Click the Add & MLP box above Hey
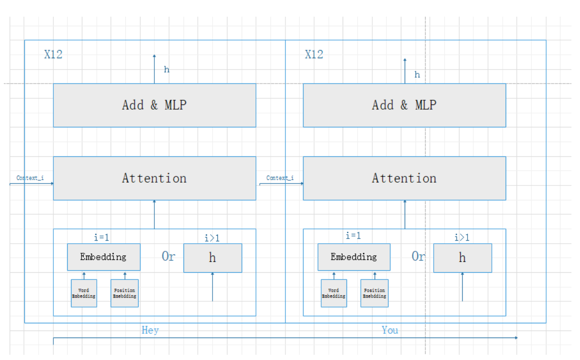[154, 105]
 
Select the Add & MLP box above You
[404, 105]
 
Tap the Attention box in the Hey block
[154, 178]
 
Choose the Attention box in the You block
[404, 178]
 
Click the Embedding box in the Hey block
[103, 257]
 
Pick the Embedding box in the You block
[354, 257]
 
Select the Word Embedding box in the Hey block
[84, 293]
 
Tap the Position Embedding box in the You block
[374, 293]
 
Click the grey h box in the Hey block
[213, 258]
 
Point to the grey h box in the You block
[462, 258]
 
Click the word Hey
[150, 330]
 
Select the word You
[390, 330]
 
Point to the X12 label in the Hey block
[53, 54]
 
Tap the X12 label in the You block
[314, 54]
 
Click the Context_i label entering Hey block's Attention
[30, 178]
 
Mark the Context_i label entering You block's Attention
[280, 178]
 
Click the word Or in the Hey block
[168, 257]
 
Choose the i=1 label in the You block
[353, 236]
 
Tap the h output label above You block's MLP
[417, 75]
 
